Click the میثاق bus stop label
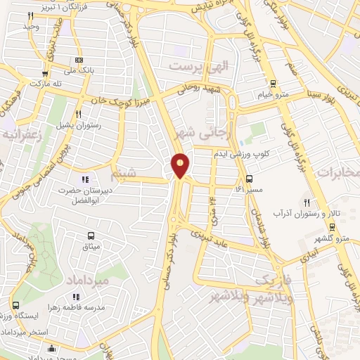click(x=91, y=246)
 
